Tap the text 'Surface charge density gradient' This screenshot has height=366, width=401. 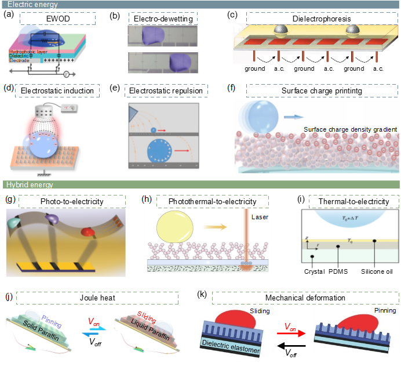coord(349,130)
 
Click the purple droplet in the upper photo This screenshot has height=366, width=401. coord(145,35)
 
